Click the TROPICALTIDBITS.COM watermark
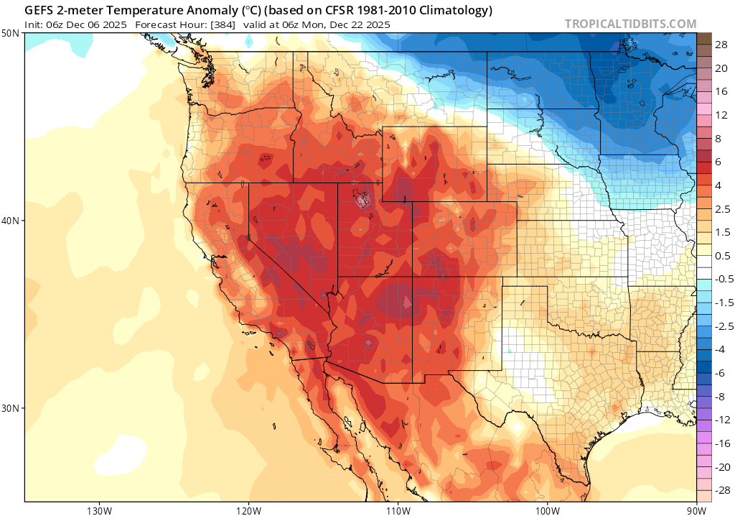(x=630, y=24)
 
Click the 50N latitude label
(x=11, y=33)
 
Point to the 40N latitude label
(x=11, y=221)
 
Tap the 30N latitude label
(x=11, y=407)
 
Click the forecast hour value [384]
(x=215, y=24)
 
